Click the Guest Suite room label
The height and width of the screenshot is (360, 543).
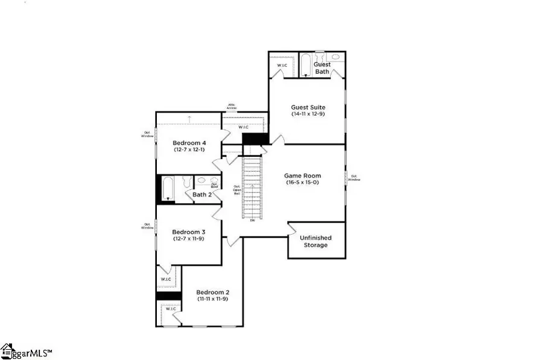308,107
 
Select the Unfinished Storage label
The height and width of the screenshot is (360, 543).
316,241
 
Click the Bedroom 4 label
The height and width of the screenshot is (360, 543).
189,142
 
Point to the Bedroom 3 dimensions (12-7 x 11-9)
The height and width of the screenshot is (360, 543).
189,239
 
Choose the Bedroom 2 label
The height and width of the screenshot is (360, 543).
212,292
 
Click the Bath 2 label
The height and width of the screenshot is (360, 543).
202,194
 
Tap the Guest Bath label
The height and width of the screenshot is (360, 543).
322,68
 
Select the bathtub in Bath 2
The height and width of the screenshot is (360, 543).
168,188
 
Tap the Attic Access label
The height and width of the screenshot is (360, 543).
232,107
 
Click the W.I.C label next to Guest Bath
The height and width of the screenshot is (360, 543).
282,65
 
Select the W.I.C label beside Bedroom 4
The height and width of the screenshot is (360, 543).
244,127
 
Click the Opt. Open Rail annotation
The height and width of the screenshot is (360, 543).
237,190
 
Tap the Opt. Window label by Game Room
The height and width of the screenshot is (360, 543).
354,178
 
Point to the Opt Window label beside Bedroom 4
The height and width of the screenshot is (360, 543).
147,134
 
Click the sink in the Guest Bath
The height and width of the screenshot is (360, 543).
335,57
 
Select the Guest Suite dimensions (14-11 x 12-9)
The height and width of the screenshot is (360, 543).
308,114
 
